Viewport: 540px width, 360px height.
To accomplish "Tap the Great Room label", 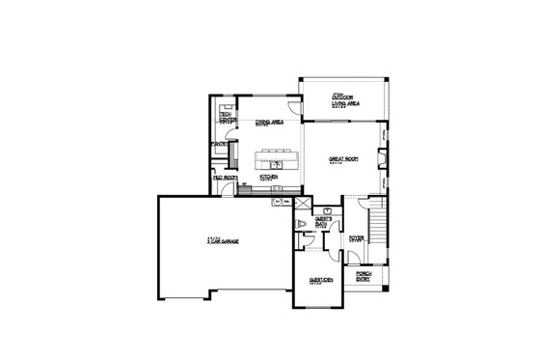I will (x=343, y=161).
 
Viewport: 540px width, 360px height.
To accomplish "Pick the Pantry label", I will (x=219, y=146).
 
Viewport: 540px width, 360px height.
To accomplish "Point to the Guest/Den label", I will (x=321, y=280).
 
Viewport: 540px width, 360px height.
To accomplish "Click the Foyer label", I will (x=356, y=237).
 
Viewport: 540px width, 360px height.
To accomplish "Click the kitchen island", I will (x=274, y=158).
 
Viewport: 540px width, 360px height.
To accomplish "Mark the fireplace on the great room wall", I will (x=384, y=154).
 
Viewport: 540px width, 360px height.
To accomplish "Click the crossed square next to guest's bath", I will (x=300, y=206).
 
